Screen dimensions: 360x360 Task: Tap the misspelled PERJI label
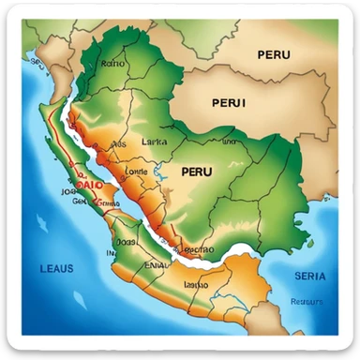point(230,102)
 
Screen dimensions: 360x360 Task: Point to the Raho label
point(112,65)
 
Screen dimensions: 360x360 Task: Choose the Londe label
point(136,172)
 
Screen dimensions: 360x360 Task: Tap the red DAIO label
point(89,186)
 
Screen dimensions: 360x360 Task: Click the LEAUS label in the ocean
point(56,268)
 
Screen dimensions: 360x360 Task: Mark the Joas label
point(126,241)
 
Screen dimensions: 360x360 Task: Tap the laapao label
point(197,282)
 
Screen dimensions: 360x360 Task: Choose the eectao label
point(198,250)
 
